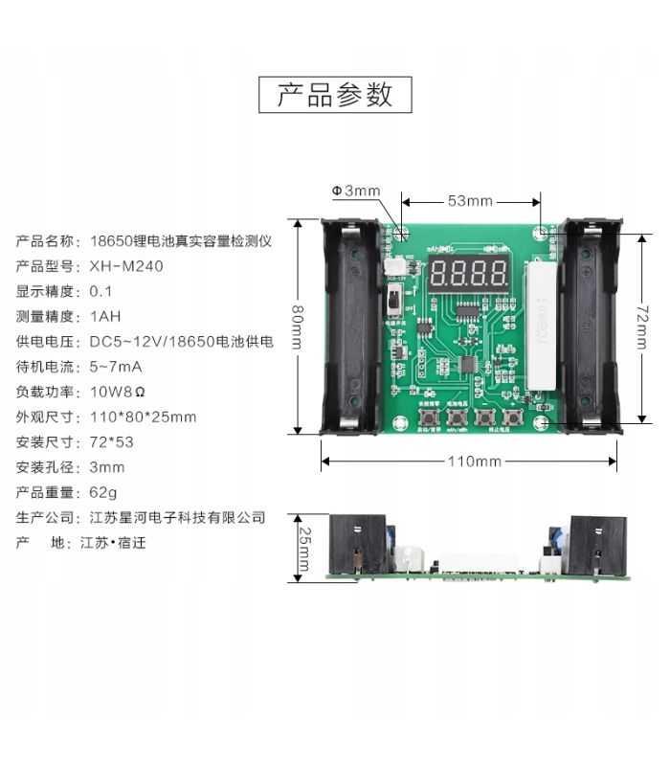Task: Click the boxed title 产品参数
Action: point(335,95)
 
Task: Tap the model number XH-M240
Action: point(126,266)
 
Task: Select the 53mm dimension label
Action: point(470,201)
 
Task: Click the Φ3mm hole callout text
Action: point(356,191)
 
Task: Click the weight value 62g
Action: point(103,492)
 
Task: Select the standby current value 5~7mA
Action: point(116,367)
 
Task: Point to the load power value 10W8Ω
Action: point(118,392)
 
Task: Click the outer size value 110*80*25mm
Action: point(143,417)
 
